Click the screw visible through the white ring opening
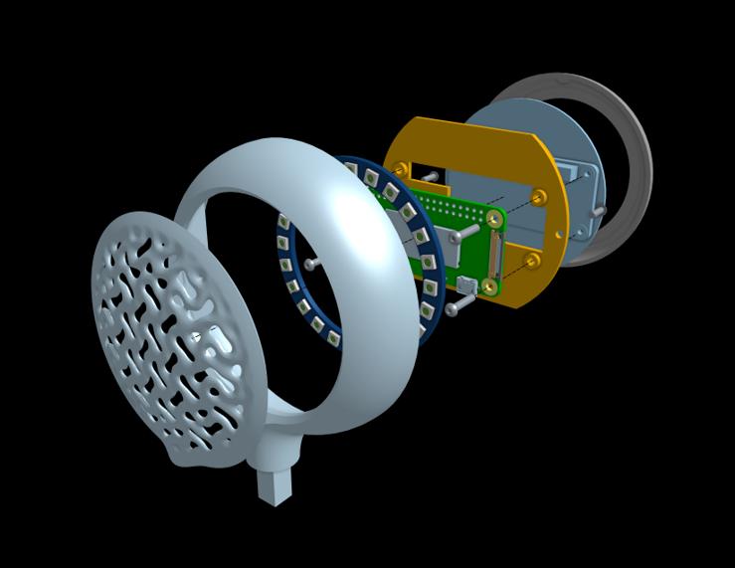[x=309, y=264]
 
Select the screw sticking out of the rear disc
[x=598, y=210]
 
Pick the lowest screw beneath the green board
[x=453, y=309]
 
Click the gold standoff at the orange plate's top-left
[x=400, y=168]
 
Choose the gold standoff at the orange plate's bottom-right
[x=532, y=260]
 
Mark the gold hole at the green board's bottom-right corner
[x=489, y=286]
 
